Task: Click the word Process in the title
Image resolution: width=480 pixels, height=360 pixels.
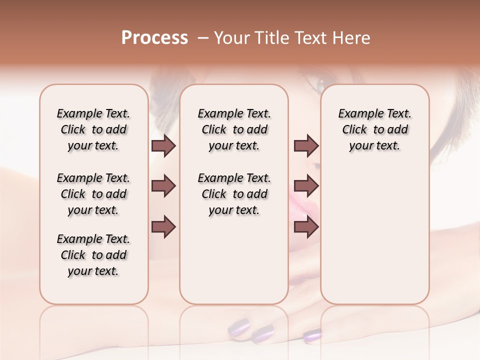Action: (x=154, y=38)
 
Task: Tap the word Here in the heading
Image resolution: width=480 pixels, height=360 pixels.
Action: (x=352, y=38)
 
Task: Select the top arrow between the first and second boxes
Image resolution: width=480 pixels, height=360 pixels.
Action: (x=163, y=146)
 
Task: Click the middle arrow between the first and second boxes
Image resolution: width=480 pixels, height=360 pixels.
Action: (x=163, y=186)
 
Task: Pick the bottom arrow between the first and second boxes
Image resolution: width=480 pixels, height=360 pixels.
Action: (x=163, y=227)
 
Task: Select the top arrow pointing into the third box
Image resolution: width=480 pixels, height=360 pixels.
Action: (x=306, y=146)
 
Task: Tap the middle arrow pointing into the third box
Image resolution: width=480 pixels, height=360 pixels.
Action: (x=306, y=186)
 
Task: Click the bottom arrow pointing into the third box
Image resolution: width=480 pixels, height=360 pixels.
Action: (x=306, y=227)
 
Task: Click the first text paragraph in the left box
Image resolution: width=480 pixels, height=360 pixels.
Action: (x=93, y=129)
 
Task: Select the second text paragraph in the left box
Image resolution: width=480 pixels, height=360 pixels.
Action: (x=93, y=194)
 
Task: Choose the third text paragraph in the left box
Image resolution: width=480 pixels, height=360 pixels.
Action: (x=93, y=255)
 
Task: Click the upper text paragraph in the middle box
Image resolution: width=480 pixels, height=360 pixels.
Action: (x=234, y=129)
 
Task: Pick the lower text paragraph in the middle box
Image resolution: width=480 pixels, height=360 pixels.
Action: (x=234, y=194)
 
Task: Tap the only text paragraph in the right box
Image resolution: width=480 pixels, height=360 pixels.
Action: (x=374, y=129)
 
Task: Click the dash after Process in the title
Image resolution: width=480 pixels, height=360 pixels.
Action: (x=203, y=38)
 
